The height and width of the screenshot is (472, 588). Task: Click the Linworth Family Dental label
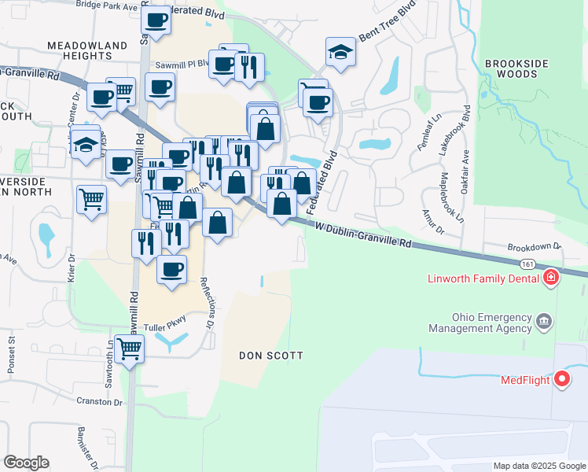point(483,278)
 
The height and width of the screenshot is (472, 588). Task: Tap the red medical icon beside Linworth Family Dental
point(551,278)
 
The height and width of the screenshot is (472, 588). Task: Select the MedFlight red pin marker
point(562,380)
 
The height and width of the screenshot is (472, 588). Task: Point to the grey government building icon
point(543,321)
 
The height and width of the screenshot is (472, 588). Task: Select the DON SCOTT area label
point(271,356)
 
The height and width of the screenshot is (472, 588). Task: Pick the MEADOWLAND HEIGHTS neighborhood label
point(79,51)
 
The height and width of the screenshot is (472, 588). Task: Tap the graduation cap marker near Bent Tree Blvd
point(341,52)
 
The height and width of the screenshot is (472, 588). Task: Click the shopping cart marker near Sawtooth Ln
point(130,348)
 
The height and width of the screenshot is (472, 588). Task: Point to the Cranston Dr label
point(101,401)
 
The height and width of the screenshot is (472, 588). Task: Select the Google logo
point(26,463)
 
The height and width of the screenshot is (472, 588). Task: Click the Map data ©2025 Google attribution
point(538,466)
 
